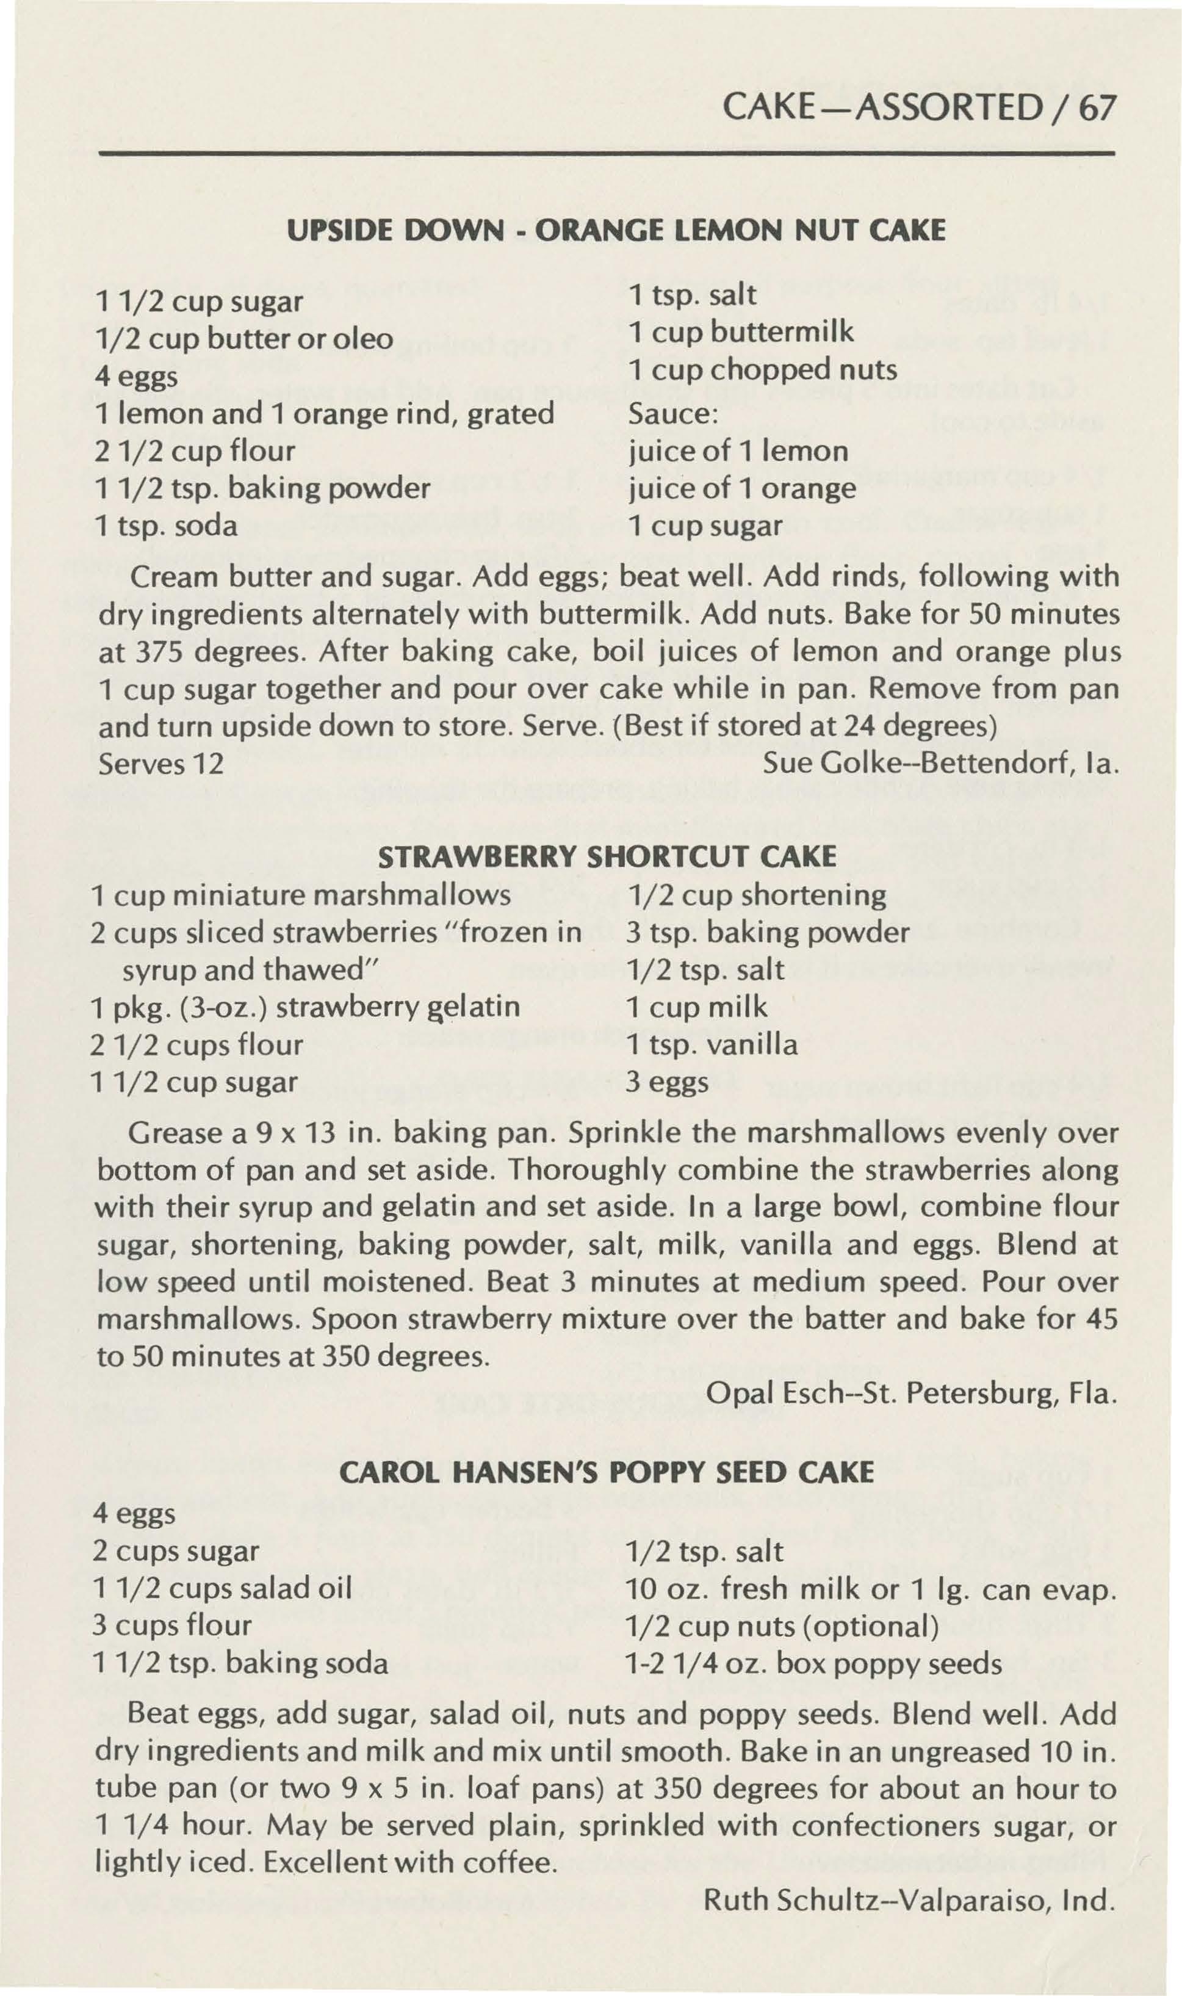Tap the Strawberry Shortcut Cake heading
pos(607,856)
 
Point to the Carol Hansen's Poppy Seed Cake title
pos(607,1472)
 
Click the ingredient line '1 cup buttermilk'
pos(741,331)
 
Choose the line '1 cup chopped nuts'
pos(762,369)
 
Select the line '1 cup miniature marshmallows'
pos(301,895)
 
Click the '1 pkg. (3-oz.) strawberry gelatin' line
pos(306,1007)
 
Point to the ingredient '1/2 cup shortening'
pos(757,895)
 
